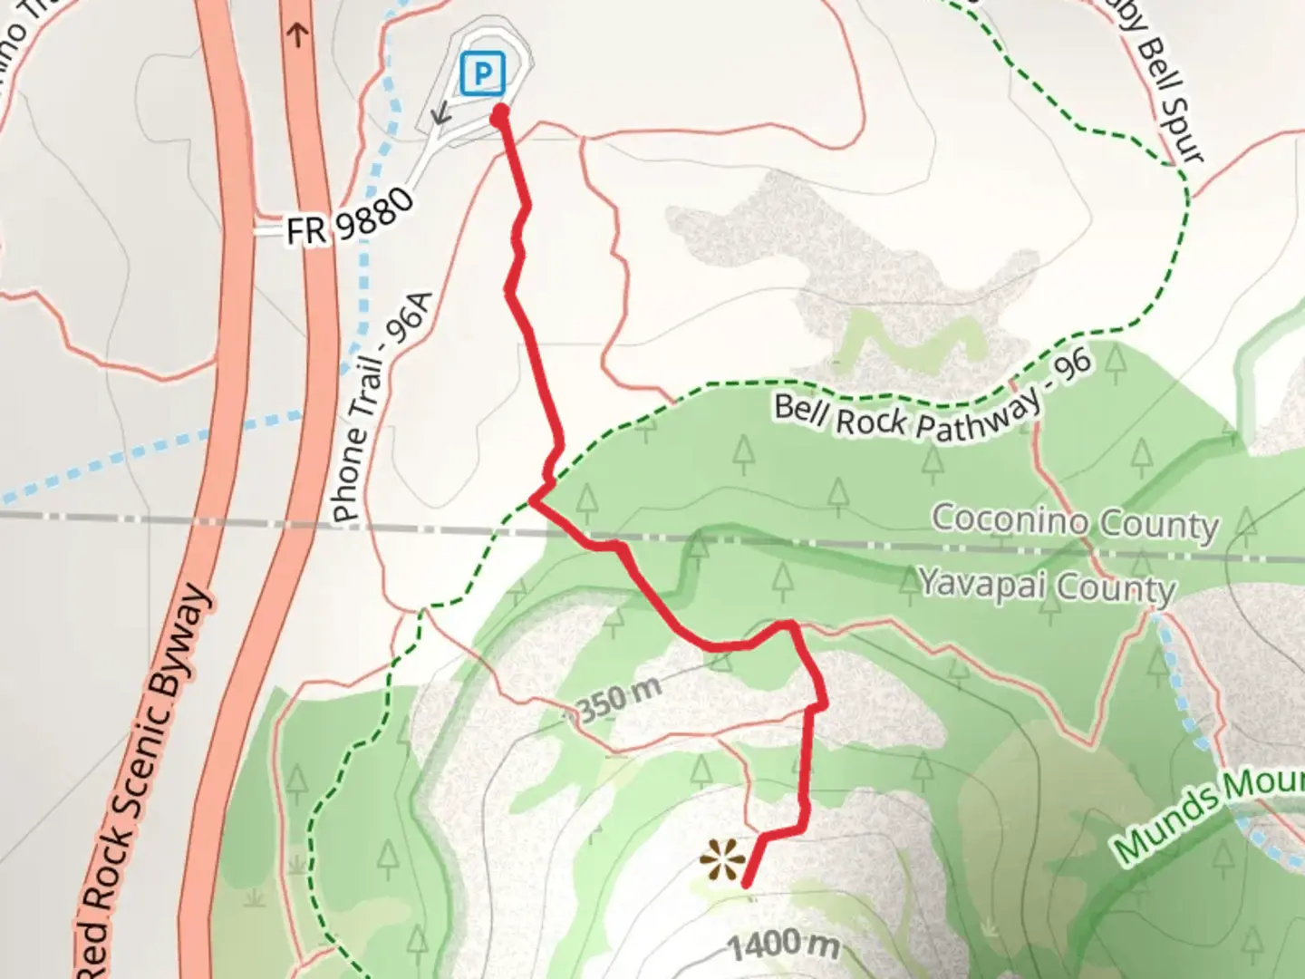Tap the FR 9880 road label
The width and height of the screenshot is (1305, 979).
tap(350, 218)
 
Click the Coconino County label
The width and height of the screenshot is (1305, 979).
tap(1075, 523)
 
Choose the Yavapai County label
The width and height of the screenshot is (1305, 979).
tap(1047, 585)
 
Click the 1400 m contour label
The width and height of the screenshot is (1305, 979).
tap(784, 945)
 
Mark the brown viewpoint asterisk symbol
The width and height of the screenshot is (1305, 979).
tap(722, 859)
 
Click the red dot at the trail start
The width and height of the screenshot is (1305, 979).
tap(499, 112)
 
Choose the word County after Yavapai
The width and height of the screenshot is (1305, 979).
tap(1116, 588)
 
